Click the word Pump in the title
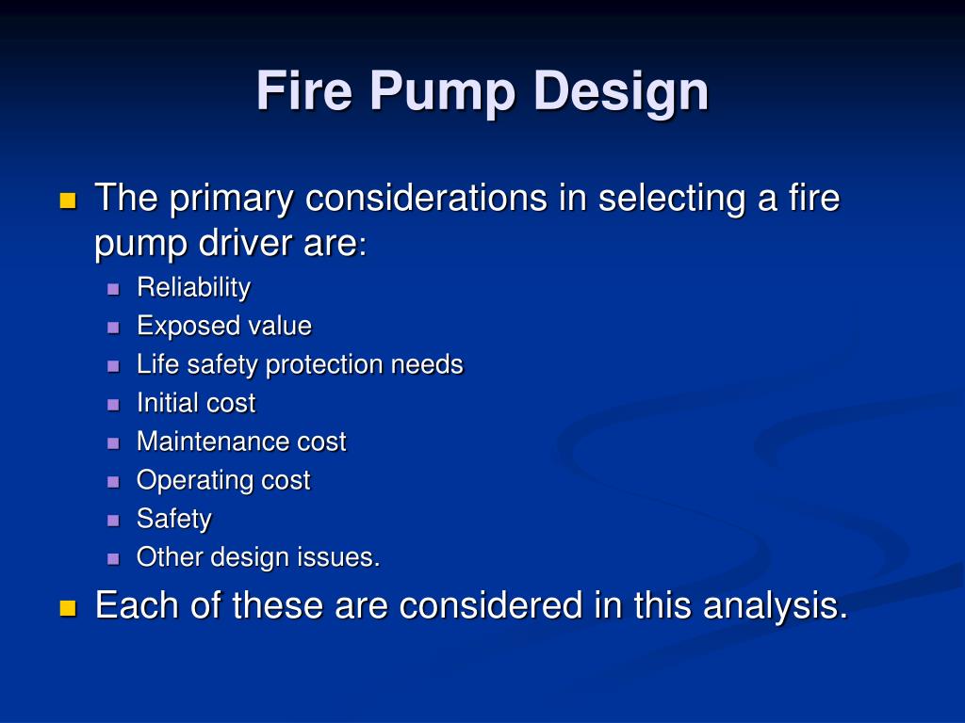pos(443,92)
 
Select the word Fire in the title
pos(304,92)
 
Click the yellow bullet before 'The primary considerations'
pos(67,201)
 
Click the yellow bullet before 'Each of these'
pos(67,608)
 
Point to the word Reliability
pos(193,287)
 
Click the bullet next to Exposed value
pos(114,328)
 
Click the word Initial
pos(168,403)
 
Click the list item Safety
pos(174,519)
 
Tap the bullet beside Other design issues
pos(114,558)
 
